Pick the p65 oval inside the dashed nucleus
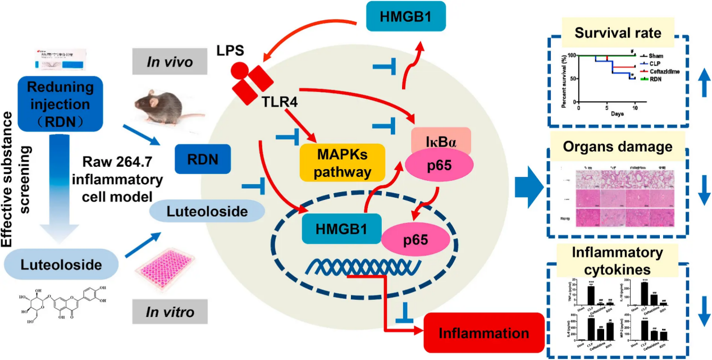(422, 240)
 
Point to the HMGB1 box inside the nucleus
(334, 228)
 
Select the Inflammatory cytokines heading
(618, 259)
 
